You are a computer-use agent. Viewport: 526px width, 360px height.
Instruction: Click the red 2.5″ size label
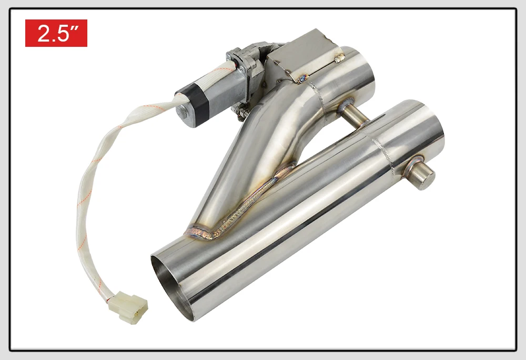(56, 33)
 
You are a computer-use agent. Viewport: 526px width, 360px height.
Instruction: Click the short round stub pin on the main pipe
(422, 173)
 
